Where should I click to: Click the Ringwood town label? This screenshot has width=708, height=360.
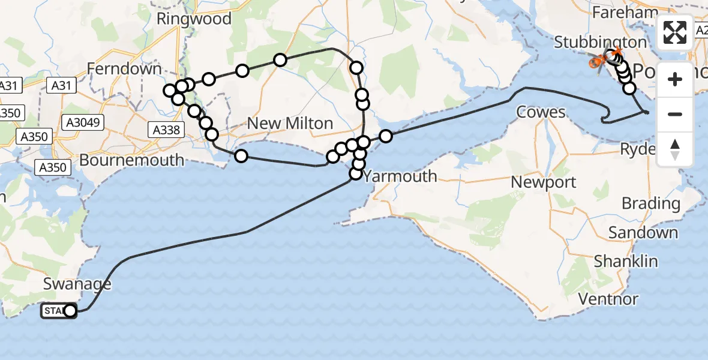click(194, 19)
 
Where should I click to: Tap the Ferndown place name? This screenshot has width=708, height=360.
click(124, 68)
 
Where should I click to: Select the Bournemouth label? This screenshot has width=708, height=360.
click(131, 160)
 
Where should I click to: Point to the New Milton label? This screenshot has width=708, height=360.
click(290, 124)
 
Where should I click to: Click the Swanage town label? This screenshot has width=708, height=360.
click(77, 284)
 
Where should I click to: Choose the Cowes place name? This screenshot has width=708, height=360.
click(541, 112)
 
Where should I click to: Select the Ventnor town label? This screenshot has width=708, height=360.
click(608, 299)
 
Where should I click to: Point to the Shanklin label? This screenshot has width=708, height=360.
click(626, 262)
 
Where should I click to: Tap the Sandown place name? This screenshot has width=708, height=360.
click(643, 232)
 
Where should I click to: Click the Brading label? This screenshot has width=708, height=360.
click(651, 203)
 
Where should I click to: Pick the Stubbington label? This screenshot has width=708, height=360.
click(600, 43)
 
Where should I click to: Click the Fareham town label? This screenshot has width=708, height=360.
click(625, 13)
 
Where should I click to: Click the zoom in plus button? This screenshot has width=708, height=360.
click(675, 79)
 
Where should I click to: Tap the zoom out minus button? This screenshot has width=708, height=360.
click(675, 114)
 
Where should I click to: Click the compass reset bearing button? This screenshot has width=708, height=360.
click(675, 149)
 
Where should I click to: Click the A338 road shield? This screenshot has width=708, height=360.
click(164, 129)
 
